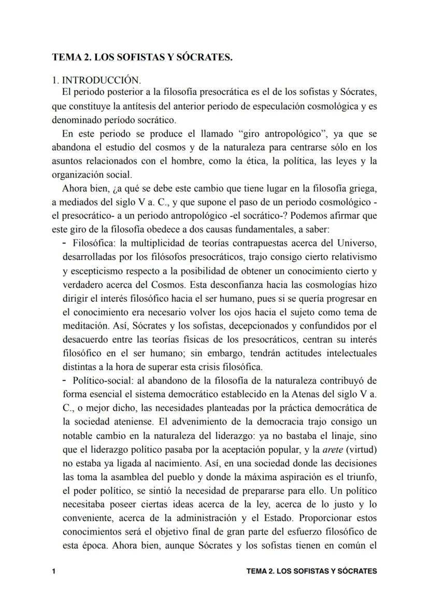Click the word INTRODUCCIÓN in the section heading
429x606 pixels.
point(101,80)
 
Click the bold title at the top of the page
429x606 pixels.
point(142,57)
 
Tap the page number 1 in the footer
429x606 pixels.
point(54,571)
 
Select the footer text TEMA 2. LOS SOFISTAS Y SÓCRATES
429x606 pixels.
point(311,571)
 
